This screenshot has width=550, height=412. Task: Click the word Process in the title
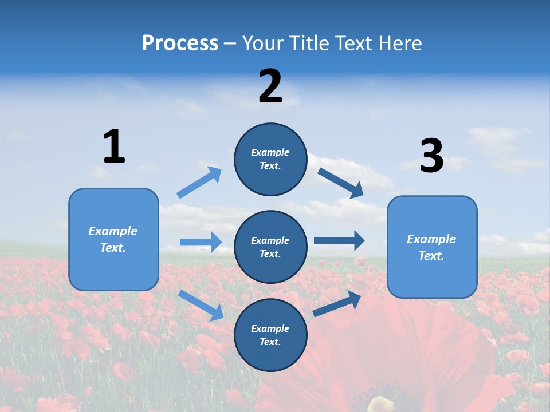tap(180, 43)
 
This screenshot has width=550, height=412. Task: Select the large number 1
tap(114, 146)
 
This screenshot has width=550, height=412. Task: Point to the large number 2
tap(270, 86)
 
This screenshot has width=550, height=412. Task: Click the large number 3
tap(431, 156)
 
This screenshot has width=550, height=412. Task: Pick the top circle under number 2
tap(270, 159)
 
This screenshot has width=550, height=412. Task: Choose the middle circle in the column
tap(270, 247)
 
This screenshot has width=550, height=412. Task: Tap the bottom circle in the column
tap(270, 335)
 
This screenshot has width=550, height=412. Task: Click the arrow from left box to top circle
tap(199, 183)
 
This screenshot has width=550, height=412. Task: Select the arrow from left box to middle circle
tap(201, 242)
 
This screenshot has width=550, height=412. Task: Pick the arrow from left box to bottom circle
tap(201, 305)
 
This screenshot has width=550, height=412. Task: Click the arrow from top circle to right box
tap(341, 183)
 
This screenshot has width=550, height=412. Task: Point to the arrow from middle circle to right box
tap(339, 241)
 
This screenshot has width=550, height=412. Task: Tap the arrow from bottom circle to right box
tap(337, 304)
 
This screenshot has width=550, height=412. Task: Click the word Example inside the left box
tap(113, 231)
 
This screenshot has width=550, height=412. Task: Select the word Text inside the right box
tap(431, 256)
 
